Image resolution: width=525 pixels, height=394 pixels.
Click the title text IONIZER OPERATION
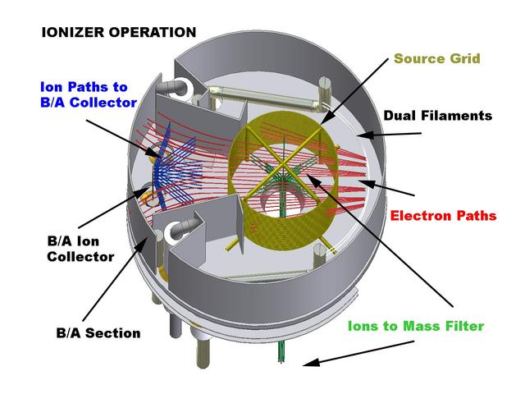pos(119,33)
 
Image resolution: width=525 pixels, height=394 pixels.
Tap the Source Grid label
pos(437,59)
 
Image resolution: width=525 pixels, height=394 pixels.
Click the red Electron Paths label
pos(443,216)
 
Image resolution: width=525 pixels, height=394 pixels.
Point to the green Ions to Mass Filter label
pos(415,326)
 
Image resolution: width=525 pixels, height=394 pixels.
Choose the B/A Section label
pos(98,333)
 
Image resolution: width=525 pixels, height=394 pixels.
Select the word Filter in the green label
pos(463,326)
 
